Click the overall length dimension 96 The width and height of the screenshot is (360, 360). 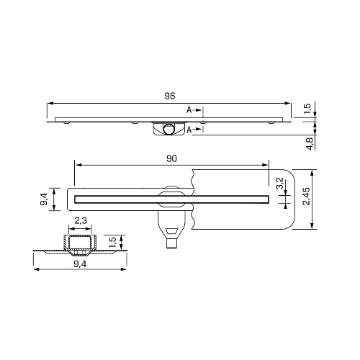pos(170,96)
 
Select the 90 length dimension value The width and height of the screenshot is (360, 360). pos(171,158)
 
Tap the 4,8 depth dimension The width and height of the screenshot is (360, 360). pos(310,144)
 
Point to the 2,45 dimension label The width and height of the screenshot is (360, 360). pos(307,197)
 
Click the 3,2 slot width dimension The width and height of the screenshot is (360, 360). pos(280,184)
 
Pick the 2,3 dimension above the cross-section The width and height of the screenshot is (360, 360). pos(81,220)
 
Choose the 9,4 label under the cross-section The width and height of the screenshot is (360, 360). pos(80,264)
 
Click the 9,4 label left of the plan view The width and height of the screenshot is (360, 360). pos(44,199)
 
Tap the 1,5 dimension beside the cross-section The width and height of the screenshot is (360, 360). pos(112,243)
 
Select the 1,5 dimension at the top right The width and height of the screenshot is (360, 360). pos(307,109)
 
